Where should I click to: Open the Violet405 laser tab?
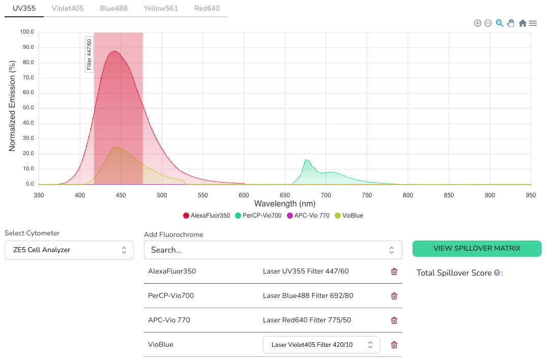click(x=68, y=8)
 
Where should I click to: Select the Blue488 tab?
click(x=113, y=8)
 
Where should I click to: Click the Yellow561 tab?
click(x=161, y=8)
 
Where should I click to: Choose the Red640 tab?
click(x=207, y=8)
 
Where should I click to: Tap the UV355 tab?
click(x=24, y=8)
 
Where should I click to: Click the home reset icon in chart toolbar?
click(x=522, y=23)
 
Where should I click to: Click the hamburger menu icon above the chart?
click(x=533, y=23)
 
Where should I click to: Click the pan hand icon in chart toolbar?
click(x=511, y=23)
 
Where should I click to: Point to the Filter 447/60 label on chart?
click(x=89, y=54)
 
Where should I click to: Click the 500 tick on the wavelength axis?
click(x=162, y=195)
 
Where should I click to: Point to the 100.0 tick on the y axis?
click(x=26, y=32)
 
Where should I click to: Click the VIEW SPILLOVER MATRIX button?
click(x=477, y=248)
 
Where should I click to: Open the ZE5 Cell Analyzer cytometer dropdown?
click(x=69, y=250)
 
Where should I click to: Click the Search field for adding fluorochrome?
click(x=273, y=250)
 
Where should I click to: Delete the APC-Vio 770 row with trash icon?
click(x=394, y=320)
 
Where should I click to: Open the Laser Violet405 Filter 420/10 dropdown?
click(x=321, y=345)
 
